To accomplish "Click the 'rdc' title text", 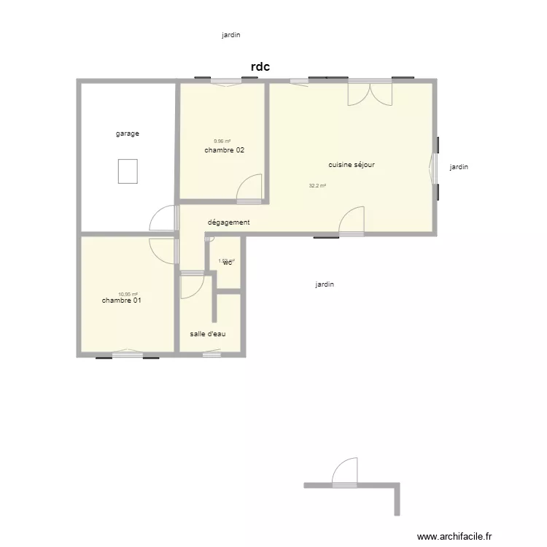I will [x=260, y=67].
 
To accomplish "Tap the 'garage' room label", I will [x=127, y=133].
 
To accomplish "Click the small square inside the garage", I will [x=128, y=171].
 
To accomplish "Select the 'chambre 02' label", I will [x=224, y=150].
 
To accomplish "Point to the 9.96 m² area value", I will [x=222, y=141].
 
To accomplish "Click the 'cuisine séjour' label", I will [x=352, y=165].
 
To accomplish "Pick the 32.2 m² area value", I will [x=317, y=186].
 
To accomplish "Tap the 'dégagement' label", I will [x=229, y=222].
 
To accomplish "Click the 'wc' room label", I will [x=228, y=263].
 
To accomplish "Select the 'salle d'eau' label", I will [x=208, y=333].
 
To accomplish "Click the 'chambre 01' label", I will [x=121, y=300].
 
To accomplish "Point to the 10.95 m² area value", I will [x=128, y=294].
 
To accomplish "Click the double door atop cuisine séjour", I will [x=370, y=93].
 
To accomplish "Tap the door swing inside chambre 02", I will [x=250, y=187].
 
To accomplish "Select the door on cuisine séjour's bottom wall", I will [x=352, y=220].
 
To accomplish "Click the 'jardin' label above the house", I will [x=231, y=34].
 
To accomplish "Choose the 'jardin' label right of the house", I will [x=459, y=167].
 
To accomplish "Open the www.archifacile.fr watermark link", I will [x=454, y=536].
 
